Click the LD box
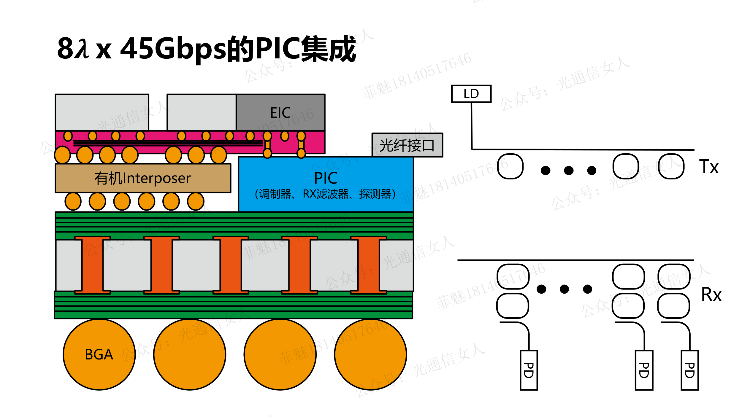[471, 94]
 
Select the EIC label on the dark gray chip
[280, 113]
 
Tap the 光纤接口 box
[407, 145]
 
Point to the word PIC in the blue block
[326, 178]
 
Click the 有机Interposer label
[143, 178]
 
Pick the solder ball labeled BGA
[99, 354]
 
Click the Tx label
[709, 167]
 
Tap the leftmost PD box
[529, 370]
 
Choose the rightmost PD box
[690, 370]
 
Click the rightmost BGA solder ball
[370, 354]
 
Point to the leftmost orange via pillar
[93, 265]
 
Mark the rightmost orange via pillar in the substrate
[369, 265]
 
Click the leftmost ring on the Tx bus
[510, 166]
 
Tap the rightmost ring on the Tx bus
[671, 166]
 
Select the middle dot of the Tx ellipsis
[569, 171]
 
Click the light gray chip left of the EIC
[202, 112]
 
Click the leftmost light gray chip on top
[102, 112]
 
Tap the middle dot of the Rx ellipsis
[564, 289]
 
